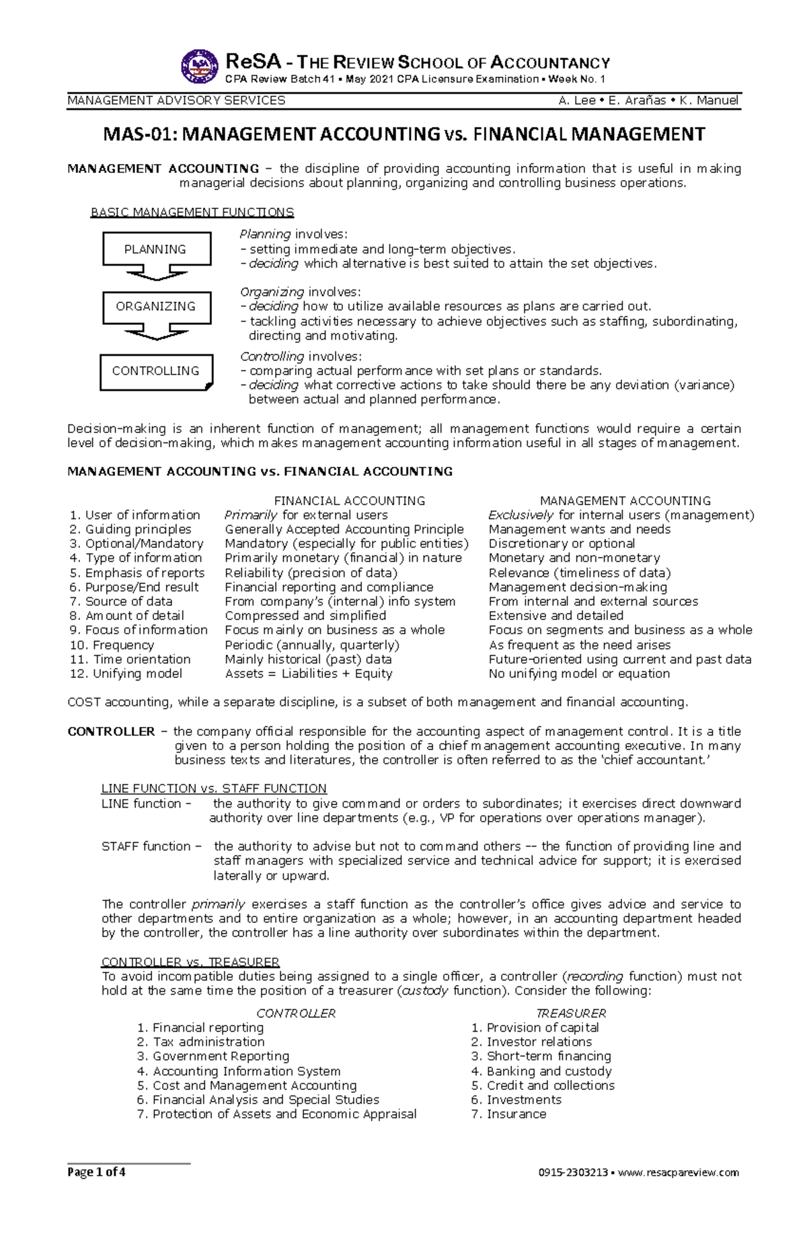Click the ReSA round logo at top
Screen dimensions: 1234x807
pyautogui.click(x=200, y=67)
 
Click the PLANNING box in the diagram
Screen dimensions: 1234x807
pyautogui.click(x=156, y=249)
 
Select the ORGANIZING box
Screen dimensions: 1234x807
pyautogui.click(x=156, y=307)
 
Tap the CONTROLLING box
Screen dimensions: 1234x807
pyautogui.click(x=156, y=371)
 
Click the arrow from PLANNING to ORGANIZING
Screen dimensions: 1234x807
pyautogui.click(x=156, y=274)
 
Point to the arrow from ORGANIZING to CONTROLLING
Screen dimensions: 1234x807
pyautogui.click(x=156, y=332)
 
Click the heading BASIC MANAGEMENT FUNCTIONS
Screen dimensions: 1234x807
pyautogui.click(x=192, y=213)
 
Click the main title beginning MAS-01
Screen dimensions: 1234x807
pyautogui.click(x=403, y=134)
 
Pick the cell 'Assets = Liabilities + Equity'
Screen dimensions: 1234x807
pyautogui.click(x=308, y=674)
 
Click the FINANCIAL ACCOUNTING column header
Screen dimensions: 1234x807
pyautogui.click(x=350, y=501)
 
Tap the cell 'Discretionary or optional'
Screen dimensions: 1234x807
pyautogui.click(x=562, y=543)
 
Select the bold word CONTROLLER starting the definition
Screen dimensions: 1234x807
pyautogui.click(x=111, y=732)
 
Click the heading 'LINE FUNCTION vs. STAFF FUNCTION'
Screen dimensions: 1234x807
pyautogui.click(x=214, y=789)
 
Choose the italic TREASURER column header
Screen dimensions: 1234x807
pyautogui.click(x=571, y=1013)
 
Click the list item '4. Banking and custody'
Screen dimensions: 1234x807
pyautogui.click(x=541, y=1071)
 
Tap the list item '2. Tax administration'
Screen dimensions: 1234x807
pyautogui.click(x=200, y=1042)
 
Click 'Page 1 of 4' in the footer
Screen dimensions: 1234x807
pyautogui.click(x=96, y=1172)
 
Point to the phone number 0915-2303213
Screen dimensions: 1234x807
pyautogui.click(x=573, y=1173)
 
